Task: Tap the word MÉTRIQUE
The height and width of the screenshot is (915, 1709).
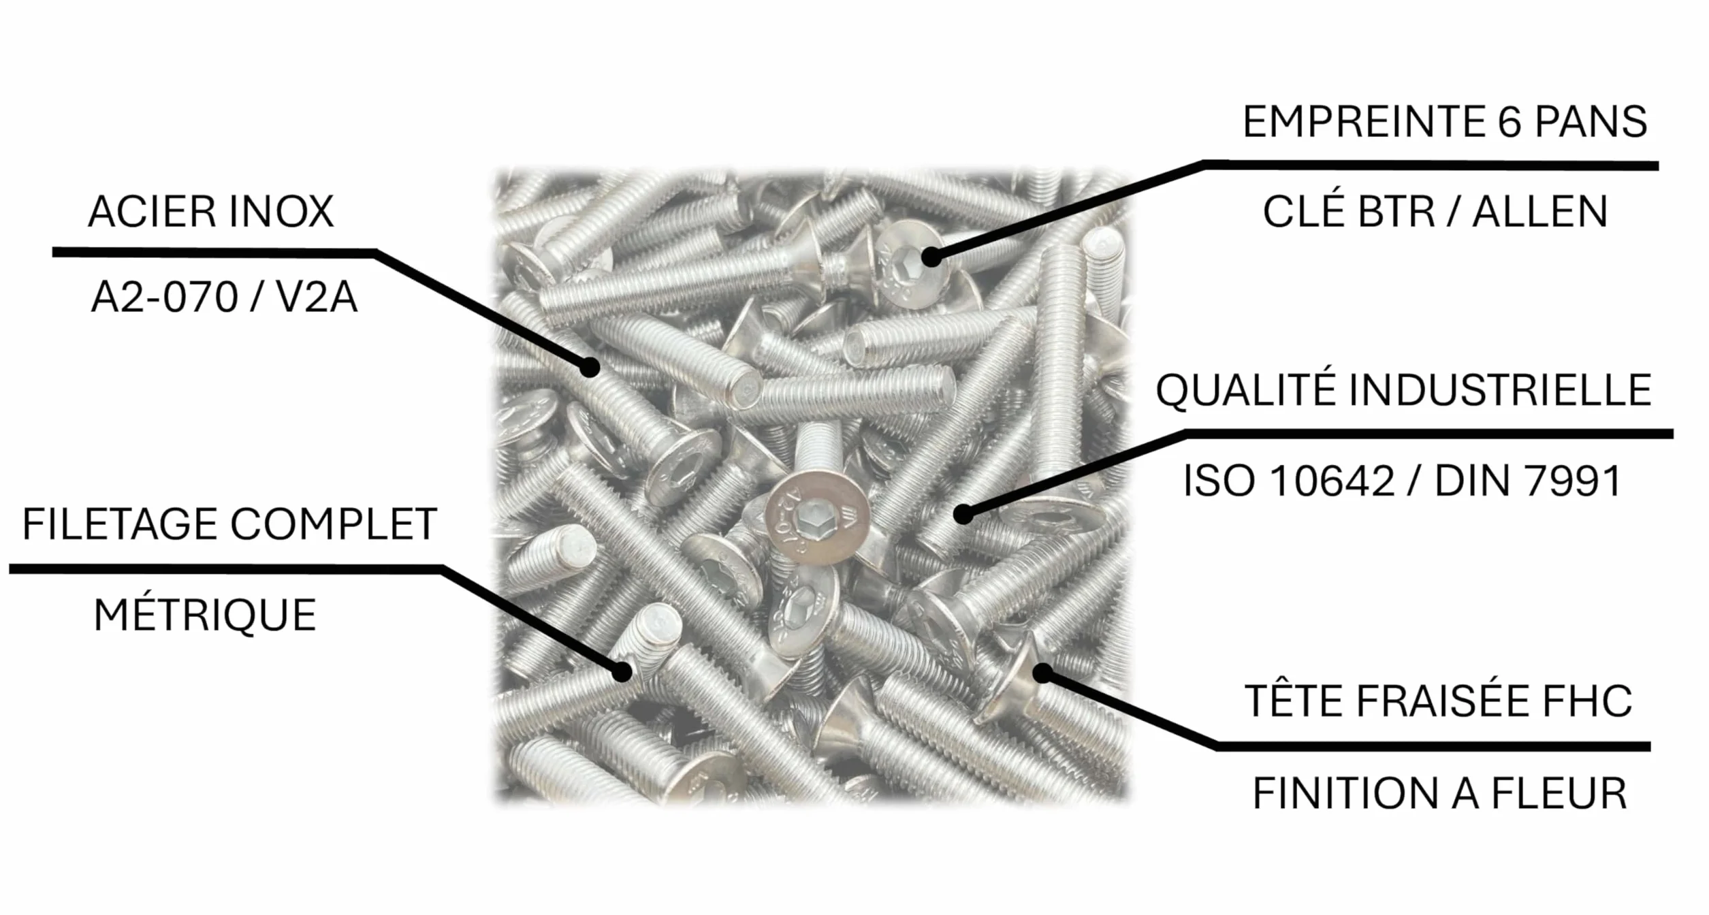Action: (x=205, y=615)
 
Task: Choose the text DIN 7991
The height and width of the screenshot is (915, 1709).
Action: (x=1529, y=481)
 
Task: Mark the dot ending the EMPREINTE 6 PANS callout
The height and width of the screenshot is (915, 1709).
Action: (x=931, y=257)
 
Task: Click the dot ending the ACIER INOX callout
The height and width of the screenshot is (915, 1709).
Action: (x=590, y=368)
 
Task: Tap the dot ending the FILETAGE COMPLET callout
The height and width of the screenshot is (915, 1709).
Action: (x=622, y=673)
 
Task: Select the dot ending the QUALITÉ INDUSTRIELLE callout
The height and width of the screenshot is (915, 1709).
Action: (x=963, y=514)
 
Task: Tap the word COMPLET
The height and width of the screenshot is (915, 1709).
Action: (x=333, y=524)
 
